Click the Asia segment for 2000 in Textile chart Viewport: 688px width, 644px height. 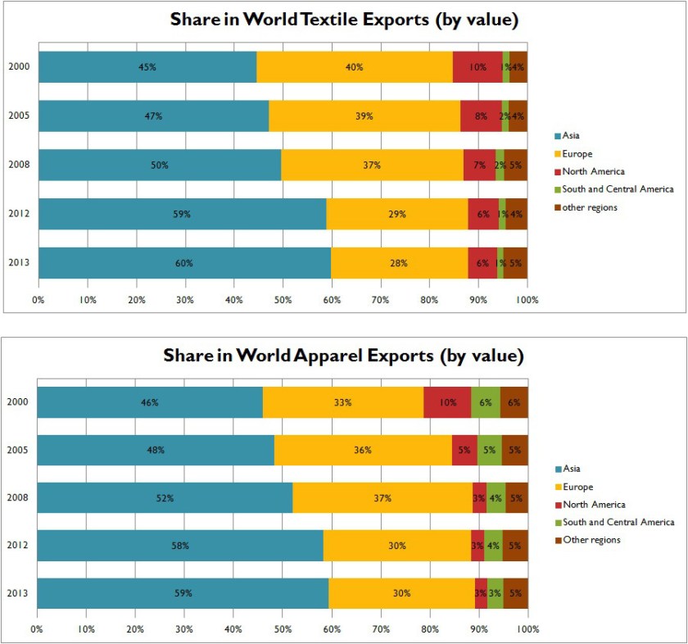(x=147, y=67)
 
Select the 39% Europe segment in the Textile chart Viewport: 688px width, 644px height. (x=364, y=116)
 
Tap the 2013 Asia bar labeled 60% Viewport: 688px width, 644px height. (x=184, y=263)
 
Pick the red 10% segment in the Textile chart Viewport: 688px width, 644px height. (x=478, y=67)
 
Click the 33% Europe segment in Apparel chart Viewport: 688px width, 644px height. (x=342, y=402)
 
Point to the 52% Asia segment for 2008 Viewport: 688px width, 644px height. (x=164, y=497)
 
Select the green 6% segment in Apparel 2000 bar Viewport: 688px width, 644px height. (x=486, y=402)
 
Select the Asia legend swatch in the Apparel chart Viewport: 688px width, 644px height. (x=558, y=469)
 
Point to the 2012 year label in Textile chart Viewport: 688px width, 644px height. (x=19, y=214)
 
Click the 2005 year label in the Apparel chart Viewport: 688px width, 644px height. (x=18, y=450)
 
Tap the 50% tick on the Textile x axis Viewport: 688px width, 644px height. (x=283, y=301)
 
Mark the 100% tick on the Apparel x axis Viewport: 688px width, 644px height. (x=527, y=630)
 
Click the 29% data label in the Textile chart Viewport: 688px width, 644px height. (x=398, y=214)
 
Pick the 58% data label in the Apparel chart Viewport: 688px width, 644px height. (x=180, y=546)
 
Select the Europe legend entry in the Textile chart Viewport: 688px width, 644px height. (x=577, y=153)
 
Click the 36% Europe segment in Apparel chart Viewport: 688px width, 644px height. (x=363, y=450)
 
